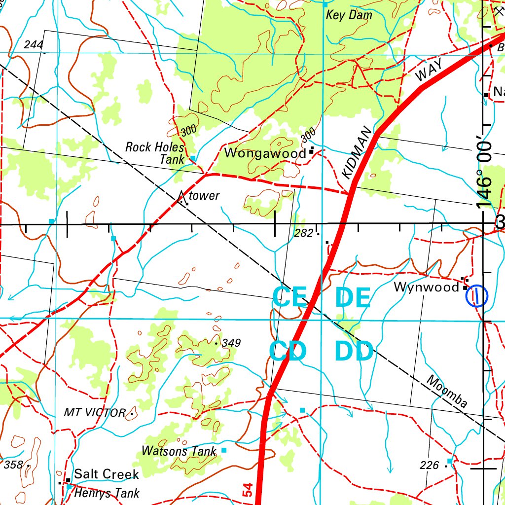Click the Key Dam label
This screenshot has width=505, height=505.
349,15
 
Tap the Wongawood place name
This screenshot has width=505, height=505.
265,153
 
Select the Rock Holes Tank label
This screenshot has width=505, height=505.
155,153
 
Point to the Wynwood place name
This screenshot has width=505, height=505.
426,287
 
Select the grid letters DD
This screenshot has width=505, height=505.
353,352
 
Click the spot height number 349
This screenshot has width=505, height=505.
231,343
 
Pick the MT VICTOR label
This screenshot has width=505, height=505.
95,413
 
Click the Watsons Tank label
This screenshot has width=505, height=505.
179,451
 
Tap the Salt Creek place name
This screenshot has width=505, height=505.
107,474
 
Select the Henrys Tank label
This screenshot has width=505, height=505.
107,493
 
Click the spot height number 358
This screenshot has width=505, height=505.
13,464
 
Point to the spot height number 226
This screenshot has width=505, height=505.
429,465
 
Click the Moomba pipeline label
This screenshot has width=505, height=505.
447,392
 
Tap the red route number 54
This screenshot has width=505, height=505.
248,490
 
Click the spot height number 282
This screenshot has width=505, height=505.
303,233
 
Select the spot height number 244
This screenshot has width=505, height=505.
34,45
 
